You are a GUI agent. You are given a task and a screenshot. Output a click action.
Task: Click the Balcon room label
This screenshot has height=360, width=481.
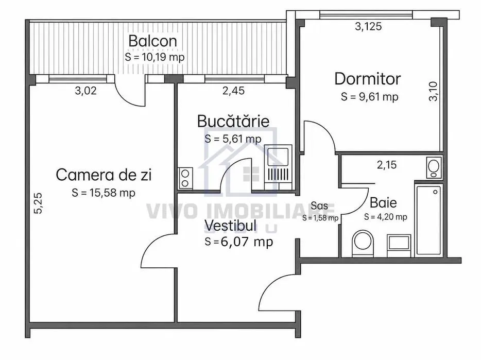click(153, 41)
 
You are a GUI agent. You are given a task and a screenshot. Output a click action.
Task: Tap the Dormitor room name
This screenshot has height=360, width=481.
click(368, 79)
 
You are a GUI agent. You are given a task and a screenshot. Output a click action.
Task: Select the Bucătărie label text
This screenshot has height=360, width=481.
click(233, 121)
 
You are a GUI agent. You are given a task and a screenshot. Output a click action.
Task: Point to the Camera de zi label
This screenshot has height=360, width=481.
click(104, 175)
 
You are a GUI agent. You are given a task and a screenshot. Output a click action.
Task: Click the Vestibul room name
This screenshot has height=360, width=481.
click(230, 226)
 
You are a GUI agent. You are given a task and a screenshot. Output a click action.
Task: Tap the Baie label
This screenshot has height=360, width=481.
click(383, 203)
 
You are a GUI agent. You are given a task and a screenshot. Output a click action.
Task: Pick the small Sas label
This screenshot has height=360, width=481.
click(319, 205)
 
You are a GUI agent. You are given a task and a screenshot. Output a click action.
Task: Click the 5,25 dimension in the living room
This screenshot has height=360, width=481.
click(38, 203)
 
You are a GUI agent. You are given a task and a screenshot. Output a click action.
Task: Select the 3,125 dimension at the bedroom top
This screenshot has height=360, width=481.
click(368, 26)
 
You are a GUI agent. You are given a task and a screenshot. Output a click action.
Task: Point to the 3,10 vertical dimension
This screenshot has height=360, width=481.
click(433, 91)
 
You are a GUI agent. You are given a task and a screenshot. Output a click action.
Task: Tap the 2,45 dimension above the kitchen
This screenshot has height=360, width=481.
click(233, 91)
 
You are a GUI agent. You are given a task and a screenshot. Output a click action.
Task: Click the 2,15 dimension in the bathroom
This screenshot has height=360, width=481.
click(387, 165)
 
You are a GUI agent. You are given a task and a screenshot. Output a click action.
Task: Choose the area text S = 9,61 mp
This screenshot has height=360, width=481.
click(370, 97)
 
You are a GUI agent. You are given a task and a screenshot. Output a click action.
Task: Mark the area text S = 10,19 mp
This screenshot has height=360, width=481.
click(154, 57)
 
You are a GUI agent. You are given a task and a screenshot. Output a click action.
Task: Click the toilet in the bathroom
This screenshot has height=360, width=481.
click(363, 243)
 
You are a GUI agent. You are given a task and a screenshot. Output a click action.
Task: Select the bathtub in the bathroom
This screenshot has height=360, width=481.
click(428, 220)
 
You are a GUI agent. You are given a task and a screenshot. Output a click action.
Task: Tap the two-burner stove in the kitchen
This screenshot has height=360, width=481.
click(185, 178)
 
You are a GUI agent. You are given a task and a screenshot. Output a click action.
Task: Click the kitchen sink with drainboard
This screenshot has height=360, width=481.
click(278, 167)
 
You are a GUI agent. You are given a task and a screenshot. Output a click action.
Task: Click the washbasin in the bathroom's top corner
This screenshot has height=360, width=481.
click(434, 167)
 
